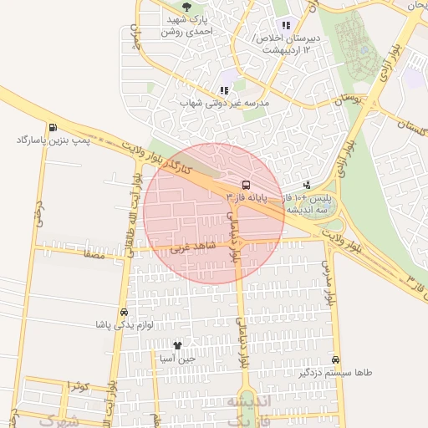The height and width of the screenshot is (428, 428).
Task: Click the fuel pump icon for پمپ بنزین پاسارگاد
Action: [x=53, y=128]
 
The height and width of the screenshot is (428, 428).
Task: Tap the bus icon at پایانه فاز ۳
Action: [x=245, y=185]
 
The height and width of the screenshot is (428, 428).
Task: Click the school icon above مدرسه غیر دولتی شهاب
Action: [x=223, y=90]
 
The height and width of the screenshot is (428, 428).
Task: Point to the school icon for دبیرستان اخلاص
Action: [x=287, y=25]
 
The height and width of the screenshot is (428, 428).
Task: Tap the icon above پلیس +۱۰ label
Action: [x=308, y=184]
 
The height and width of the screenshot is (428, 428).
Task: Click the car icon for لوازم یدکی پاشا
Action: [x=125, y=312]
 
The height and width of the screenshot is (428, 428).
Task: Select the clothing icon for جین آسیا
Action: [x=177, y=344]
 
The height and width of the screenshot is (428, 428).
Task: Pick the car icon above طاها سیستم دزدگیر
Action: [x=335, y=359]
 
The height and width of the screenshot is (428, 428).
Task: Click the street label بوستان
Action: [x=350, y=99]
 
